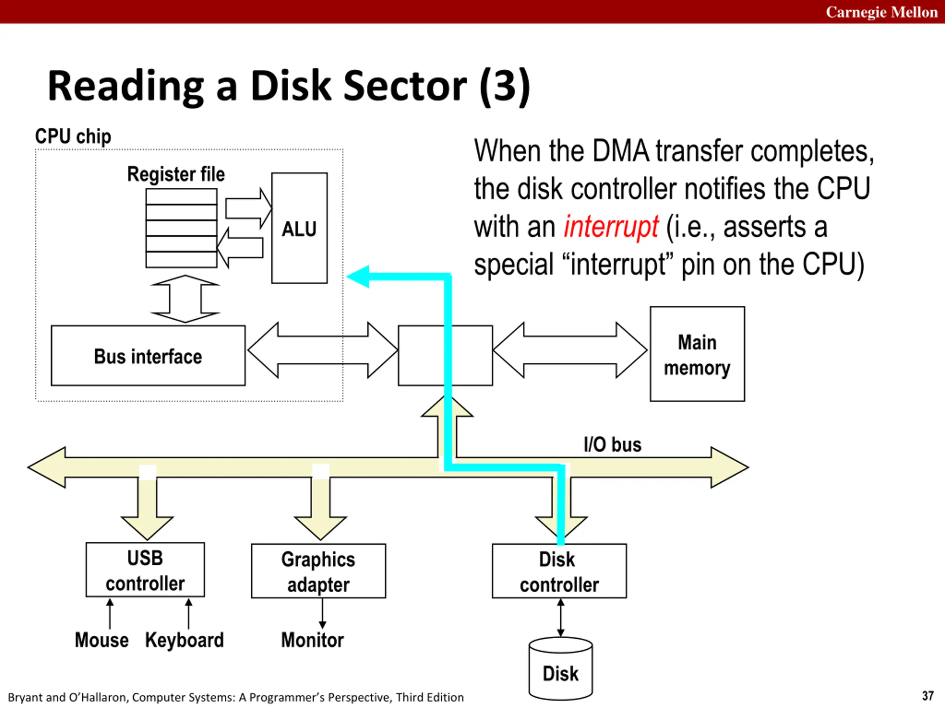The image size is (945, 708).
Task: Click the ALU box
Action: [299, 228]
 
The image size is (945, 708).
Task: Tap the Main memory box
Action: [697, 354]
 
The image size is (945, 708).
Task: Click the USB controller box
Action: [145, 570]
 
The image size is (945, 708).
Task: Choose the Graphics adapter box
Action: [318, 571]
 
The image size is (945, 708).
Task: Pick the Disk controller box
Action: [559, 571]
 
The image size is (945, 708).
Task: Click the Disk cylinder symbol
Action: [560, 668]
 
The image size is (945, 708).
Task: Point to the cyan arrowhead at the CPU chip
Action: [358, 277]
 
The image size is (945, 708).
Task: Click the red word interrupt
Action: [611, 227]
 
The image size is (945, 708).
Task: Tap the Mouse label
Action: [102, 640]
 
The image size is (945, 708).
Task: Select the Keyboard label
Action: [185, 640]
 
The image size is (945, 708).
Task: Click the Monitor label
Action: [312, 640]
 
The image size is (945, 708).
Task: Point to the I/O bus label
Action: [613, 445]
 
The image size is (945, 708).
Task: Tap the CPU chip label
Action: [73, 136]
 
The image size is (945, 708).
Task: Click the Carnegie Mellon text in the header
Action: [882, 12]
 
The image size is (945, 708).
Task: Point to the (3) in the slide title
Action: [505, 86]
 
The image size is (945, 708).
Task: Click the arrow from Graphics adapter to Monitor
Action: [323, 613]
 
